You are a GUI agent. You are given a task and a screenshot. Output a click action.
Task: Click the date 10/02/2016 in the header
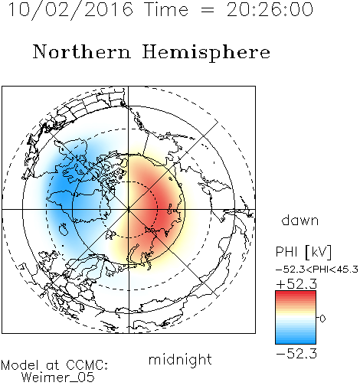(x=70, y=10)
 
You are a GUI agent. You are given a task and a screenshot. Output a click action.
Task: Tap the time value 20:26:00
(x=270, y=9)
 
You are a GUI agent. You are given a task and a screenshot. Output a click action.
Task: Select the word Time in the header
(x=166, y=9)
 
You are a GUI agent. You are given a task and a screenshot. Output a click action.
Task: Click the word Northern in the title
(x=82, y=51)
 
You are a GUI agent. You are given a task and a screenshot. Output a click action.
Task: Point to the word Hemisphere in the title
(x=206, y=53)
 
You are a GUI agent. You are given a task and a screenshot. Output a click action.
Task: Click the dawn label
(x=300, y=220)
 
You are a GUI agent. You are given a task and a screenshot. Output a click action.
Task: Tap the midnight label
(x=180, y=359)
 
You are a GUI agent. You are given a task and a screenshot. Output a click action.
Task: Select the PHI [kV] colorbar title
(x=303, y=252)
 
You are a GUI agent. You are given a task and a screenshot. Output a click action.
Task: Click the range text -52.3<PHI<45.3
(x=317, y=270)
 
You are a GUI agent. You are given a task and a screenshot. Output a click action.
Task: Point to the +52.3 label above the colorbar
(x=296, y=284)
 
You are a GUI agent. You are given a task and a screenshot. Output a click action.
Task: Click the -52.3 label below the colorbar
(x=296, y=354)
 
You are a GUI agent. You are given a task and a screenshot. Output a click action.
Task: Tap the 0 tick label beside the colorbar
(x=322, y=319)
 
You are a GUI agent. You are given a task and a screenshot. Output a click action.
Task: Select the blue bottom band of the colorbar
(x=296, y=340)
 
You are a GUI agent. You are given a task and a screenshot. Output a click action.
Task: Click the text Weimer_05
(x=57, y=378)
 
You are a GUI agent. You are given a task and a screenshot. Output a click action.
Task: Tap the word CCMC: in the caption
(x=87, y=365)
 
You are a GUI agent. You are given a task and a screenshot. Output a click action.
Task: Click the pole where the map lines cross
(x=129, y=209)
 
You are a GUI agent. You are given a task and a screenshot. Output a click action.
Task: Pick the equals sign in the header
(x=208, y=10)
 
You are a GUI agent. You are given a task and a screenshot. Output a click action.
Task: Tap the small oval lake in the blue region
(x=64, y=229)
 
